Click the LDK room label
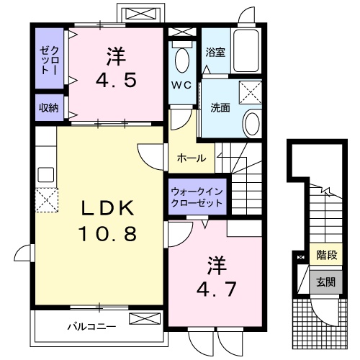tap(107, 208)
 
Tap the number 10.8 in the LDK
tap(107, 234)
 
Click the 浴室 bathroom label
tap(215, 52)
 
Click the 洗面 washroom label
tap(220, 108)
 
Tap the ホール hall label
tap(192, 158)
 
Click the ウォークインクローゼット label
tap(197, 197)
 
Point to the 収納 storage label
tap(49, 108)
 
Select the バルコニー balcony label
tap(91, 326)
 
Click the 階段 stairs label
tap(326, 255)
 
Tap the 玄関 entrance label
tap(326, 281)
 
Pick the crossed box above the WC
tap(182, 32)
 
